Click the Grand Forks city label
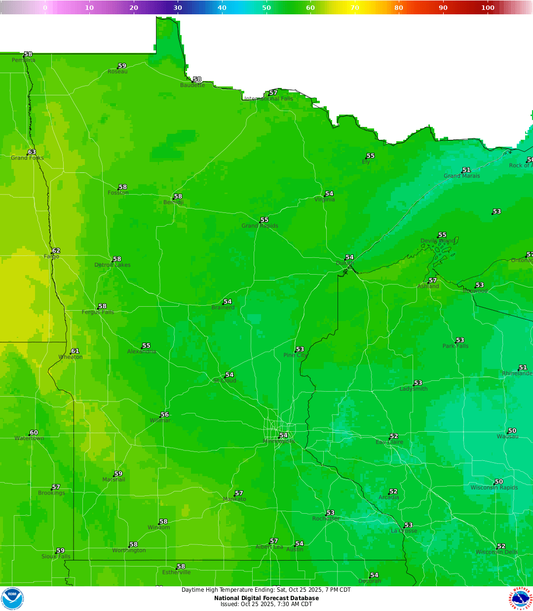point(27,158)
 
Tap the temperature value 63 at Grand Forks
point(32,152)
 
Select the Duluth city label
point(345,263)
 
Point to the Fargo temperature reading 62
point(56,251)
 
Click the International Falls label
point(269,99)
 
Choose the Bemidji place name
point(173,203)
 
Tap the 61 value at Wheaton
point(75,351)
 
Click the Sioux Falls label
point(56,556)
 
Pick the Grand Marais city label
point(461,176)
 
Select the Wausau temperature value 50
point(512,431)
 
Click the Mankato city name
point(234,499)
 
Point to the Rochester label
point(326,519)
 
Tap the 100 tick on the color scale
point(488,7)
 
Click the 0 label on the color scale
point(45,7)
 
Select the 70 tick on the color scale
point(355,7)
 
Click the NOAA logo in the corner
point(12,599)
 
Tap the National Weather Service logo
point(521,599)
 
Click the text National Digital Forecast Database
point(266,598)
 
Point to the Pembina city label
point(24,60)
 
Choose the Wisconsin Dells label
point(496,552)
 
